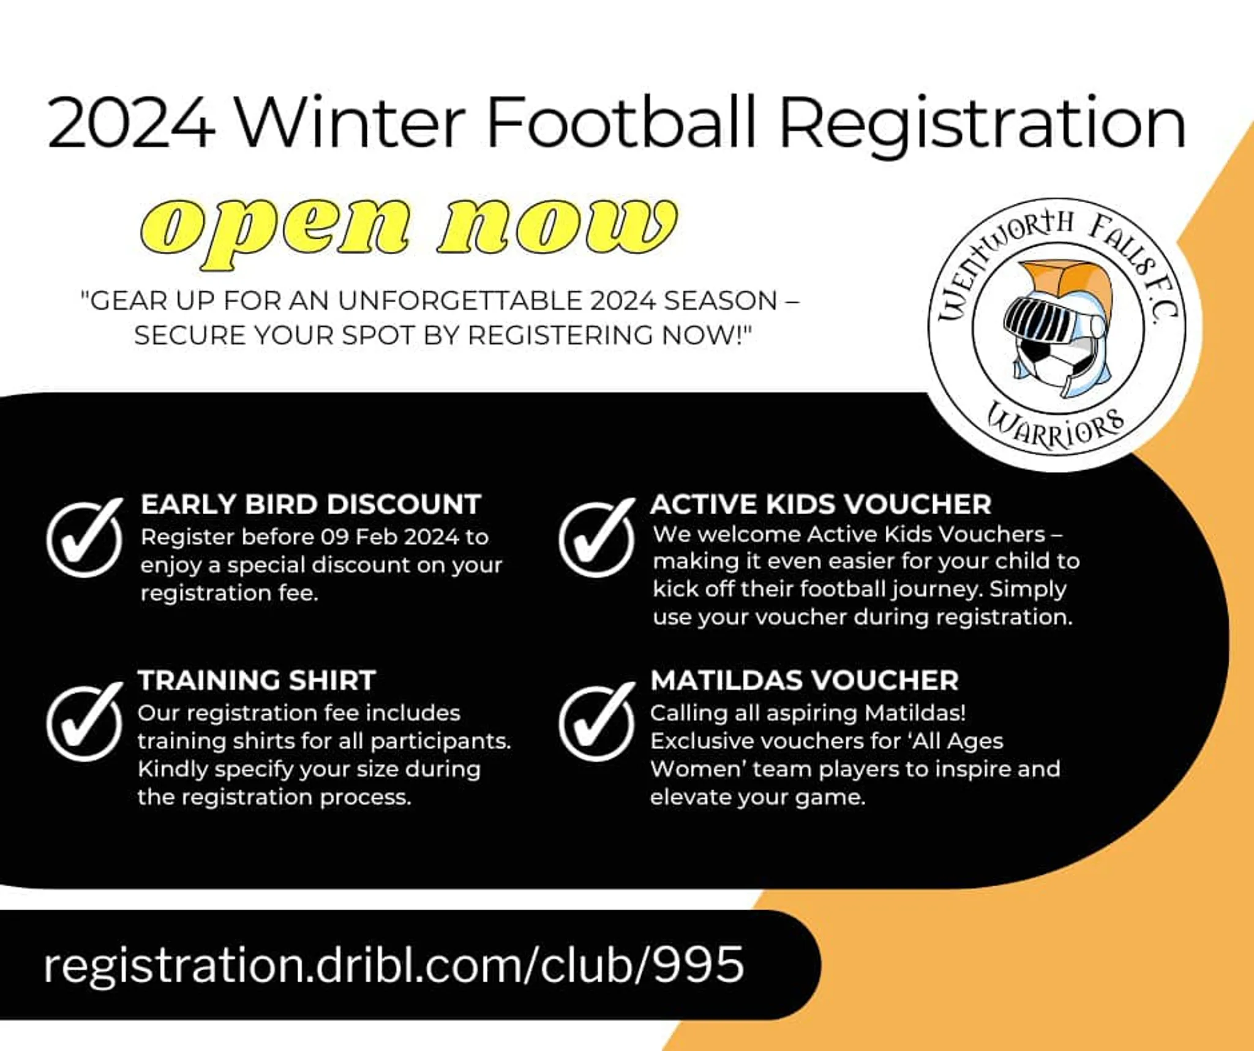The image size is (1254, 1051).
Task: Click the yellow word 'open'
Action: pos(275,231)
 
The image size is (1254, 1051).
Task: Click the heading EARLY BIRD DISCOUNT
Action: pos(311,505)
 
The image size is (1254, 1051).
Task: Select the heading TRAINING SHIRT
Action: pos(257,681)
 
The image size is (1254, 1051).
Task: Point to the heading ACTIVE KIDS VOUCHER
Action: pos(820,505)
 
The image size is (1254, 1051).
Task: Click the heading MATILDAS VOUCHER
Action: pos(805,681)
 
